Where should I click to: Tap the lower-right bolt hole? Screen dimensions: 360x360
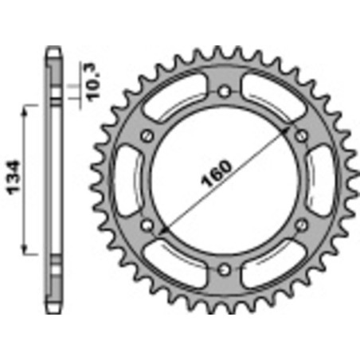point(300,225)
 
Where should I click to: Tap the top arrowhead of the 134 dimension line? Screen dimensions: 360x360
point(31,106)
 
